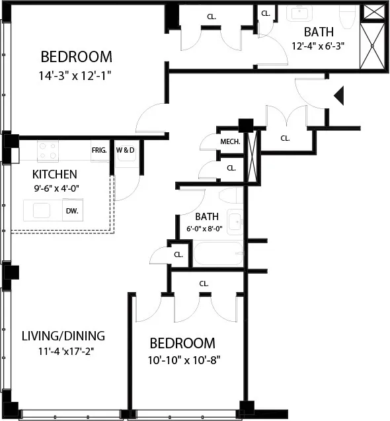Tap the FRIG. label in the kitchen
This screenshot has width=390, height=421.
coord(99,149)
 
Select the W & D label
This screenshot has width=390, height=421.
coord(125,149)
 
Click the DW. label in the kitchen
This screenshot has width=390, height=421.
coord(71,211)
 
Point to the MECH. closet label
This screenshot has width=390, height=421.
coord(229,141)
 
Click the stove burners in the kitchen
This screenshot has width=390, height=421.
coord(48,151)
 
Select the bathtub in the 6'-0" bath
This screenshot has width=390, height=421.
coord(217,254)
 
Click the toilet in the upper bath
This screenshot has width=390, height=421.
coord(346,15)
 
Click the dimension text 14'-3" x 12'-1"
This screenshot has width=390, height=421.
coord(74,75)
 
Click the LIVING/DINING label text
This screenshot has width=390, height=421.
coord(63,335)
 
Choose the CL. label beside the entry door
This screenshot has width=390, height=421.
coord(285,139)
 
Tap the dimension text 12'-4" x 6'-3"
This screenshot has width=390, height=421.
coord(319,46)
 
